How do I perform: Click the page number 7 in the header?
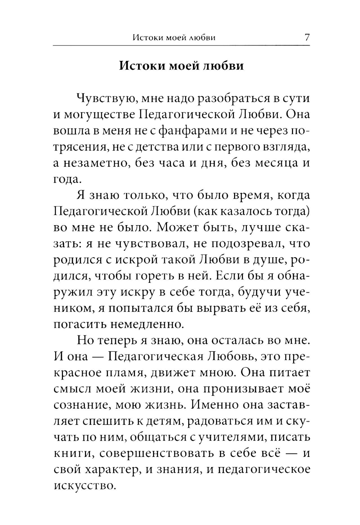tap(307, 37)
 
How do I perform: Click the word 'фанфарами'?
tap(188, 130)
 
